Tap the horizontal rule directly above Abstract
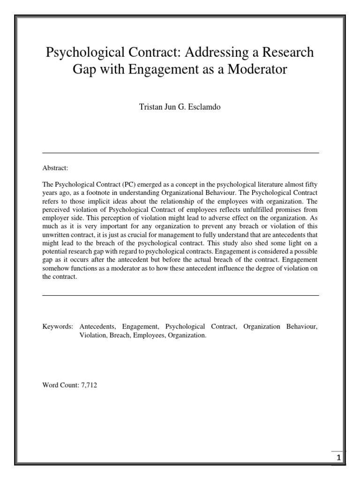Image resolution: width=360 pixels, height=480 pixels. coord(180,153)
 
